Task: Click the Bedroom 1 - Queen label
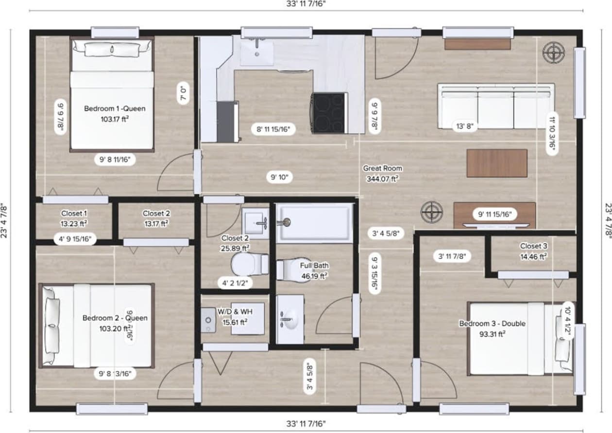[115, 108]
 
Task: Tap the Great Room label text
[382, 168]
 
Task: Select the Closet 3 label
[533, 246]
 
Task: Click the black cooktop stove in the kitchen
[329, 113]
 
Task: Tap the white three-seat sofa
[495, 106]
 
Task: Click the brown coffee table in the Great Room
[497, 163]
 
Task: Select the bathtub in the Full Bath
[315, 223]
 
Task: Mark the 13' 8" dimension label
[463, 126]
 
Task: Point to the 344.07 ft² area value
[382, 179]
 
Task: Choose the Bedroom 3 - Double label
[492, 324]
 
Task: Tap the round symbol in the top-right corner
[553, 52]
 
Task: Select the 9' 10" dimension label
[280, 178]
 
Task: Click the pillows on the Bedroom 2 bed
[51, 325]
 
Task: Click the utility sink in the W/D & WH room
[209, 320]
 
